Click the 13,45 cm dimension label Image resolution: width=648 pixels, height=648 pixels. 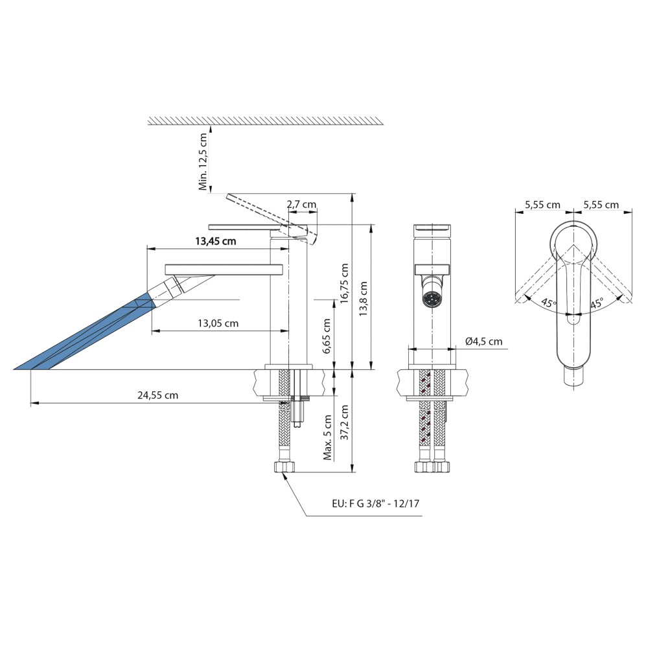point(215,242)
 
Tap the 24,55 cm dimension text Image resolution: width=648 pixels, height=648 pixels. point(157,395)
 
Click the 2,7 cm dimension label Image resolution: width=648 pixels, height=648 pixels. point(301,204)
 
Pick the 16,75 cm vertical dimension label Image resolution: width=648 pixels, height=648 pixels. point(344,283)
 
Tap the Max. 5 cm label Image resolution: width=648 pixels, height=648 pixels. point(328,437)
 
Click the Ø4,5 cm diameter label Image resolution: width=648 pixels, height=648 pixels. point(483,341)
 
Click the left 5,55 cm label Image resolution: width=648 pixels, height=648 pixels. point(542,205)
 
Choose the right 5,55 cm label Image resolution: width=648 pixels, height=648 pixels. point(601,205)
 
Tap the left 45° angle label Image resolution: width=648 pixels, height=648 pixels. point(548,303)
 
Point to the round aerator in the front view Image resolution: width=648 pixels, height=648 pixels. point(431,299)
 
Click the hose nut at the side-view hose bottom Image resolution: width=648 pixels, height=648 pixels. point(285,467)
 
